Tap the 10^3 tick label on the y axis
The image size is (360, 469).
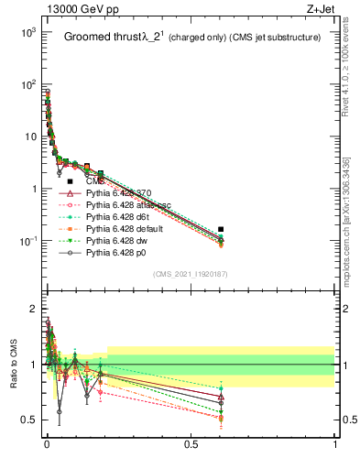pos(27,32)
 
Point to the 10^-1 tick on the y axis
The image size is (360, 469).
pos(27,242)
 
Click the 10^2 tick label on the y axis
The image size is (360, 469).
pos(27,84)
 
